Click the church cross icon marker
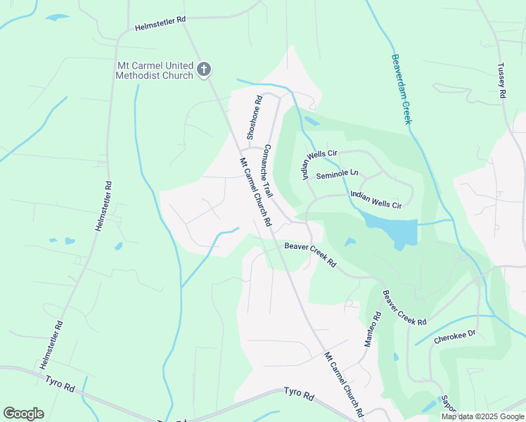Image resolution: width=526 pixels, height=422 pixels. [204, 69]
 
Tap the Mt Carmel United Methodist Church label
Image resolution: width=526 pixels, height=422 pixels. [155, 70]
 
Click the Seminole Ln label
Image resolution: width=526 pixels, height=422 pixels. [337, 175]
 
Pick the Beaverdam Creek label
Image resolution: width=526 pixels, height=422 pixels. [402, 89]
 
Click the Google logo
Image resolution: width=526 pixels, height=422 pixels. [23, 414]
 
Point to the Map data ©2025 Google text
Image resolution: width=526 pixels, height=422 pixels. [482, 416]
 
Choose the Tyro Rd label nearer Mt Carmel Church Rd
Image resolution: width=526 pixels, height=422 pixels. [299, 395]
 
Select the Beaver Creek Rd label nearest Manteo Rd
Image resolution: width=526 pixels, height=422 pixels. [404, 307]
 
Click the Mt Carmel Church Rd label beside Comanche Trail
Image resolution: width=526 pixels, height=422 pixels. [255, 192]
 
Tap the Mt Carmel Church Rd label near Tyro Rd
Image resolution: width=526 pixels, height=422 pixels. [343, 383]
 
